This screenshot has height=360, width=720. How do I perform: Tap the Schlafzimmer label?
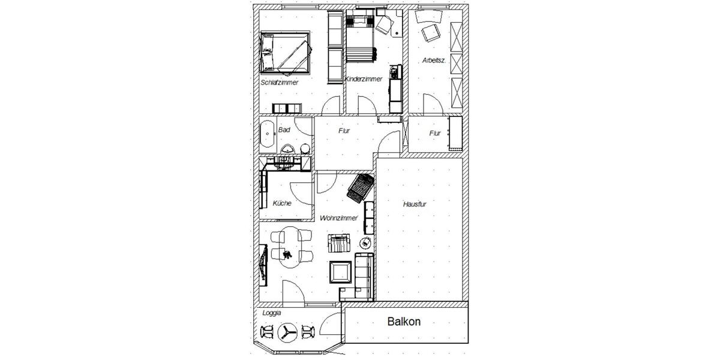[x=280, y=82]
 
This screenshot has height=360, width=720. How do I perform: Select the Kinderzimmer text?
[x=364, y=79]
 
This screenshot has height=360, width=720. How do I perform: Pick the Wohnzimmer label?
[x=339, y=218]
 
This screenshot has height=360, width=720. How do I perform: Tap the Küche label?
[x=282, y=203]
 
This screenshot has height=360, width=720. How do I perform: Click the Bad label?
[x=284, y=130]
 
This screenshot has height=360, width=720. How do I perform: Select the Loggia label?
[x=272, y=313]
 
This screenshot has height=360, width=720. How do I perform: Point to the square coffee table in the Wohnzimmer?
[x=341, y=272]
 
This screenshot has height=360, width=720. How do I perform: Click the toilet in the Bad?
[x=304, y=148]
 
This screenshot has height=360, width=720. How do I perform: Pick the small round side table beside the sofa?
[x=364, y=242]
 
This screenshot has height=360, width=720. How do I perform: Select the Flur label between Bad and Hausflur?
[x=344, y=130]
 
